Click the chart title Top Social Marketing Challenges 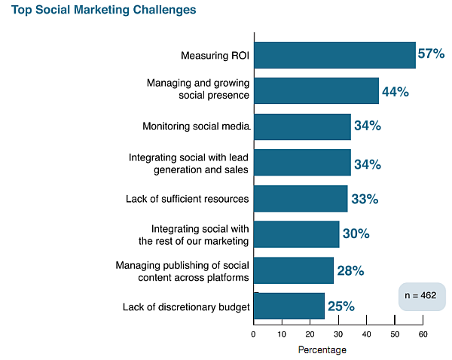click(x=104, y=11)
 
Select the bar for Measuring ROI click(x=334, y=56)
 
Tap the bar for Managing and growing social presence click(x=316, y=90)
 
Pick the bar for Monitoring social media click(x=302, y=127)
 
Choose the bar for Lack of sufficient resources click(x=301, y=199)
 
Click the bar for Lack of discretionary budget click(x=289, y=306)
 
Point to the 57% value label click(x=432, y=54)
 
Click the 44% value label click(x=395, y=92)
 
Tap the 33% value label click(x=364, y=200)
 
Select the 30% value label click(x=356, y=234)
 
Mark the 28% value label click(x=350, y=270)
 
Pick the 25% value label click(x=341, y=307)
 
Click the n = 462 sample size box click(x=422, y=296)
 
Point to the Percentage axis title click(x=322, y=350)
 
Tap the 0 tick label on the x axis click(x=255, y=334)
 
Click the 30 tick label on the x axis click(x=338, y=334)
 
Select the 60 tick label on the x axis click(x=423, y=334)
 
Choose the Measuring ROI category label click(x=215, y=56)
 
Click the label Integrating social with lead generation click(x=189, y=163)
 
